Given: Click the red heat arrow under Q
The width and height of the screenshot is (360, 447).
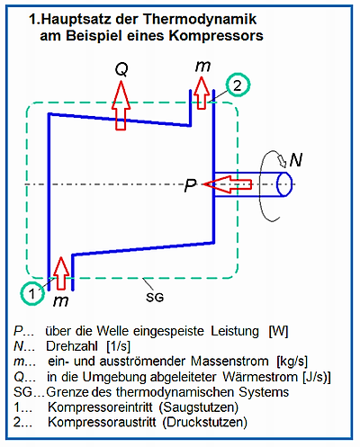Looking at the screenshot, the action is coord(121,105).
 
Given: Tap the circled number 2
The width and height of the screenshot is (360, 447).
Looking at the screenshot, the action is coord(238,85).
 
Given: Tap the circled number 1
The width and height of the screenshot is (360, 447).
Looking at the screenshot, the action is coord(32,293).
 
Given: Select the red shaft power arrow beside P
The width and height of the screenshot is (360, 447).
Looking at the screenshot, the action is coord(227,184).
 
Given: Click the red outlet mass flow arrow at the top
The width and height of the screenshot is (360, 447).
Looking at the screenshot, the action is coord(202,93).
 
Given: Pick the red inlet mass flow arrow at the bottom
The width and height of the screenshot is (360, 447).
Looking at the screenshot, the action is coord(61,273).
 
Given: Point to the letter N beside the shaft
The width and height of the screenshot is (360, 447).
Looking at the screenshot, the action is coord(296,160).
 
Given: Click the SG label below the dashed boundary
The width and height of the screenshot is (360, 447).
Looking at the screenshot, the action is coord(155,298).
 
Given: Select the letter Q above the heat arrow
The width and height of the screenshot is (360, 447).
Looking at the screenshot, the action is coord(121,70).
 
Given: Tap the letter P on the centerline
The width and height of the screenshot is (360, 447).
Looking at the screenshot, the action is coord(190,185).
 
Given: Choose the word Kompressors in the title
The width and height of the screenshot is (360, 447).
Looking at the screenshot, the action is coord(216,35).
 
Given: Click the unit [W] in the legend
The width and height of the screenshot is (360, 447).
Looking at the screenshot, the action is coord(278,331).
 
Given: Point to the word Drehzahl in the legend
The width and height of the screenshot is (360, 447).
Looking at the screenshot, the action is coord(72,346).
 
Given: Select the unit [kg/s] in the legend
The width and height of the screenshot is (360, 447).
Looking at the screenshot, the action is coord(292,362).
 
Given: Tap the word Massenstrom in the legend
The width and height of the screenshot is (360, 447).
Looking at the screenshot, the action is coord(229,362).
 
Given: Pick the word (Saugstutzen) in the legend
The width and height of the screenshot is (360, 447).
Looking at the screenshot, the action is coord(199,407).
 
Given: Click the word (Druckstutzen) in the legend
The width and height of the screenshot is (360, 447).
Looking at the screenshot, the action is coord(205,422).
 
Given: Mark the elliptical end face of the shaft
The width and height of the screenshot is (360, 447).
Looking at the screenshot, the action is coord(283,184).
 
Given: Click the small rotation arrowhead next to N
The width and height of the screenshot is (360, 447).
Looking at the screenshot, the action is coord(282,161).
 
